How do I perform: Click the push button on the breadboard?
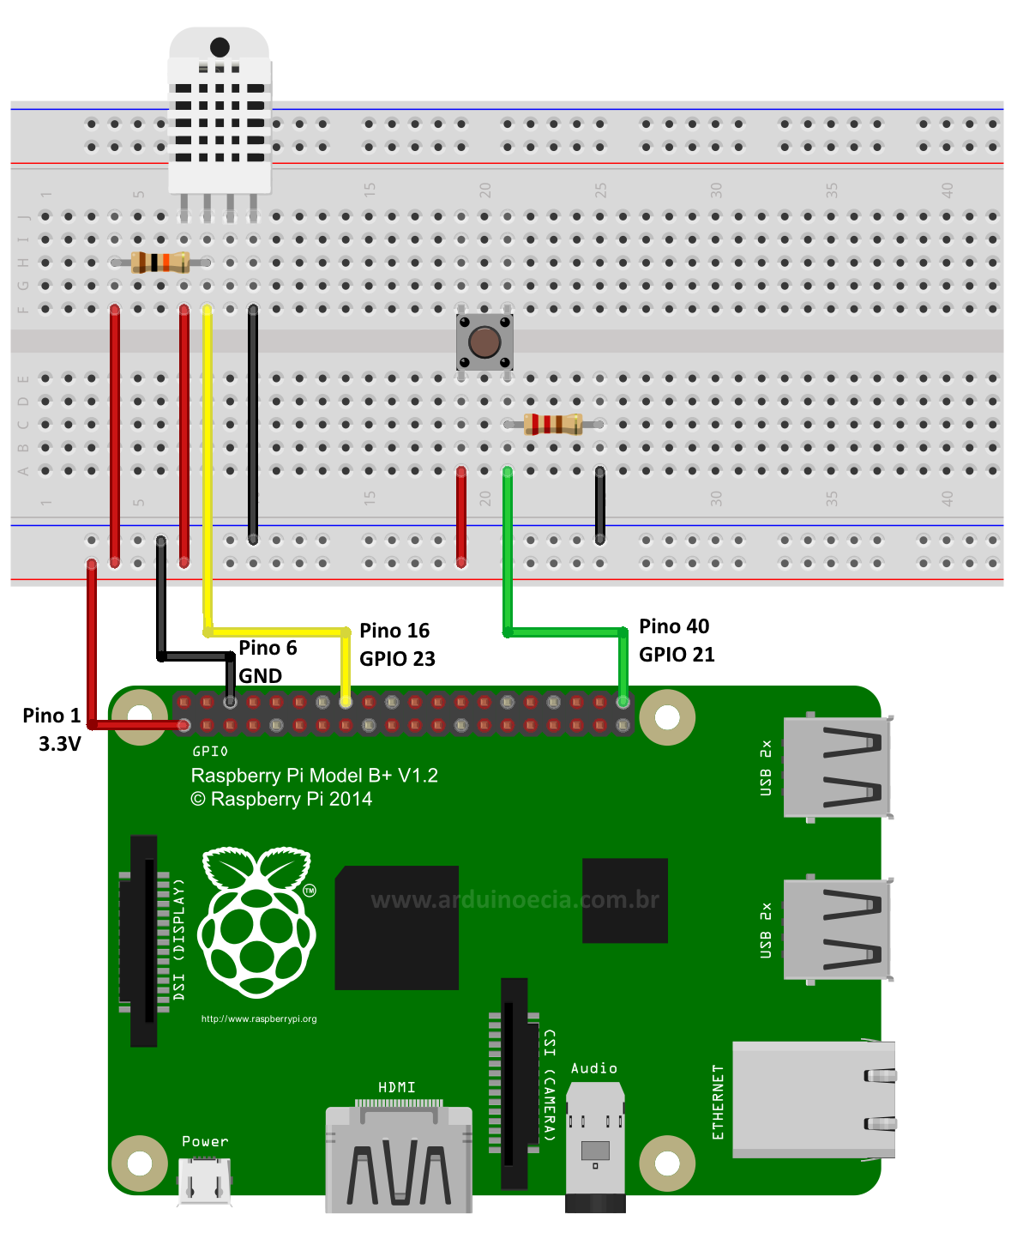tap(484, 341)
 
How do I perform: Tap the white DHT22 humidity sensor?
tap(220, 112)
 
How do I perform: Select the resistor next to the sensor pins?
tap(160, 263)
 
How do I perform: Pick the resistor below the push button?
tap(553, 424)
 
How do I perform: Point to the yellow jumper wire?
tap(208, 472)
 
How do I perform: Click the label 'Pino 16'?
tap(394, 631)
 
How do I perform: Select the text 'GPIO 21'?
tap(677, 655)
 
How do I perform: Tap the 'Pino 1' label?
tap(51, 716)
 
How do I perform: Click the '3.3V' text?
tap(59, 744)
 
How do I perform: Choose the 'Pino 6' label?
tap(268, 648)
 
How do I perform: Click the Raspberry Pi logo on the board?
tap(256, 922)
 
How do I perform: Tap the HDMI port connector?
tap(399, 1158)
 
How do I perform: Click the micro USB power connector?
tap(204, 1181)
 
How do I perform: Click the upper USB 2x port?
tap(837, 767)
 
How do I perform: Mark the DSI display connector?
tap(144, 940)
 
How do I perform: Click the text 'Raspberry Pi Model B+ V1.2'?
tap(314, 776)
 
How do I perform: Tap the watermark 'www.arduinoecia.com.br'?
tap(514, 900)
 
